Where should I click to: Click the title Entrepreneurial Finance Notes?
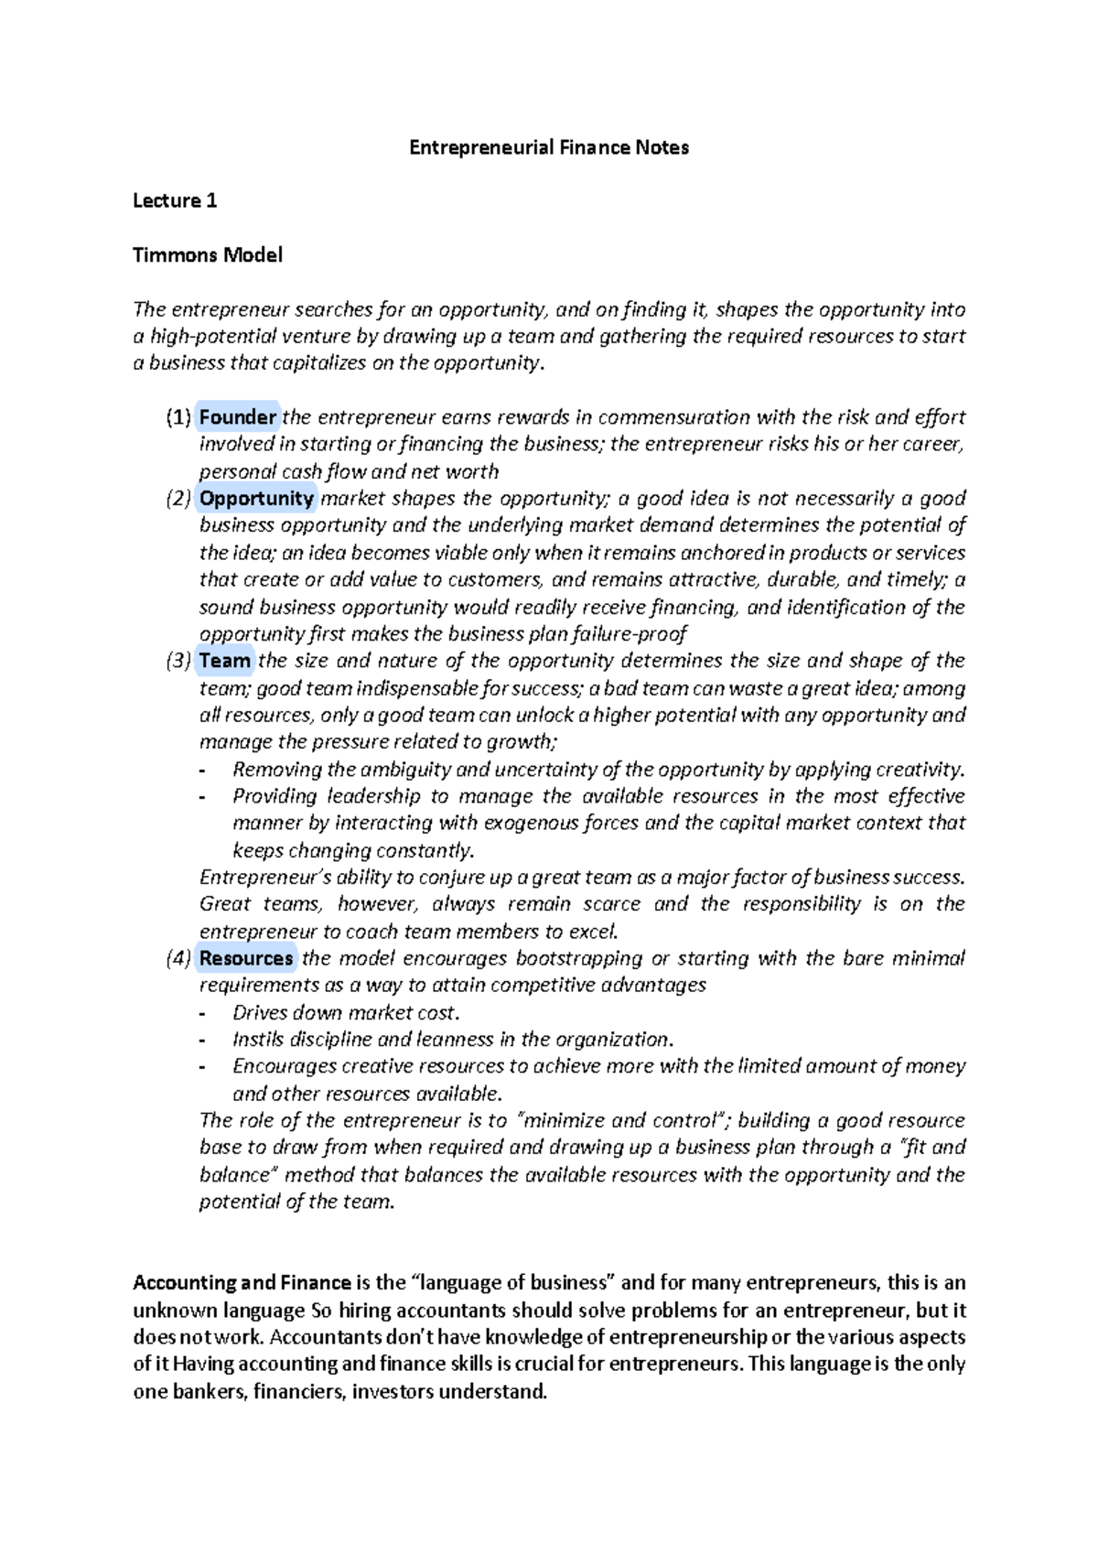(x=548, y=147)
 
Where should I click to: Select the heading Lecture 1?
(x=175, y=200)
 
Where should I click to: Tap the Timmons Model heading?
(x=208, y=254)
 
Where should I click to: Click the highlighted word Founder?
(x=238, y=417)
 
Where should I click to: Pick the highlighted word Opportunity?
(x=257, y=498)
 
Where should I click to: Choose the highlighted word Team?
(x=225, y=661)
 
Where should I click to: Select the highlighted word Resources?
(x=246, y=958)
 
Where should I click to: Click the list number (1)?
(x=178, y=417)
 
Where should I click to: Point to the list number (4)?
(x=178, y=958)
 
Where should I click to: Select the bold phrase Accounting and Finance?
(x=242, y=1283)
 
